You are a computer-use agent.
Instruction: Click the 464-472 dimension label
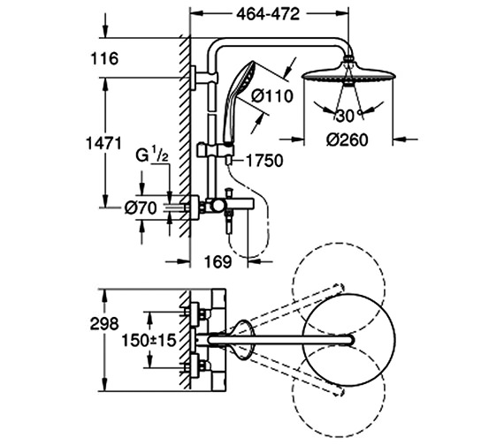coord(268,14)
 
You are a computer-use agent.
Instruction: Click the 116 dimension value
coord(104,59)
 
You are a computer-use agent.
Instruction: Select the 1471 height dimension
coord(103,143)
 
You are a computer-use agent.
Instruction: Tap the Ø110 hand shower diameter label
coord(272,96)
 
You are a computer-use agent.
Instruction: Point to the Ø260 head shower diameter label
coord(347,140)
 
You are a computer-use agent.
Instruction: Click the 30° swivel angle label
coord(349,116)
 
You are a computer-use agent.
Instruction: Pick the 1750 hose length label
coord(264,161)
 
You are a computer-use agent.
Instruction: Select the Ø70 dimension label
coord(141,207)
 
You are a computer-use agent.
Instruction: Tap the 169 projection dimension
coord(218,262)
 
